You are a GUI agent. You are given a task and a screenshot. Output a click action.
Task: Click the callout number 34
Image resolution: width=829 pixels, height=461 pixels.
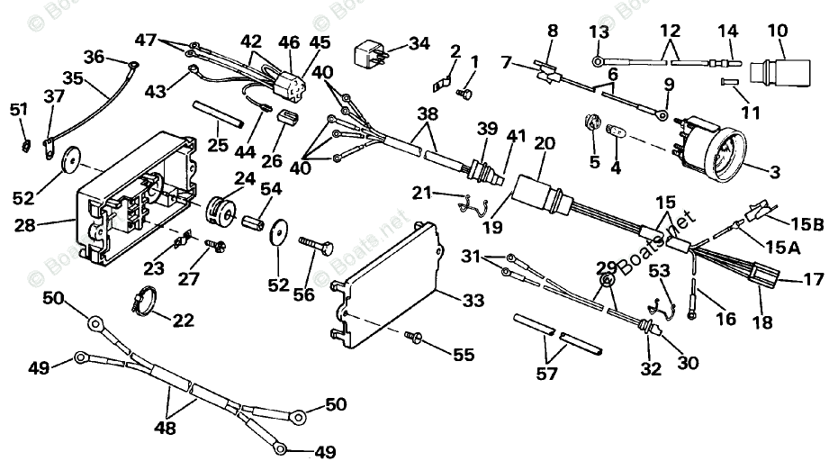pos(419,43)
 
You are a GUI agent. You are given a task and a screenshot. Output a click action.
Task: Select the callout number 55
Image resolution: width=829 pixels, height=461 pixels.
pos(463,355)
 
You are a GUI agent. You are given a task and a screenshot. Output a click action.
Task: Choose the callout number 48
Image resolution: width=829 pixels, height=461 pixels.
pos(165,428)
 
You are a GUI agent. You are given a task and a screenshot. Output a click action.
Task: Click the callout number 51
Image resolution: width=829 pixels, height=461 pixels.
pos(19,110)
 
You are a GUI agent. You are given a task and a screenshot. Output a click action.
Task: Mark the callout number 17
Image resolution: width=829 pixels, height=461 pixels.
pos(813,280)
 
